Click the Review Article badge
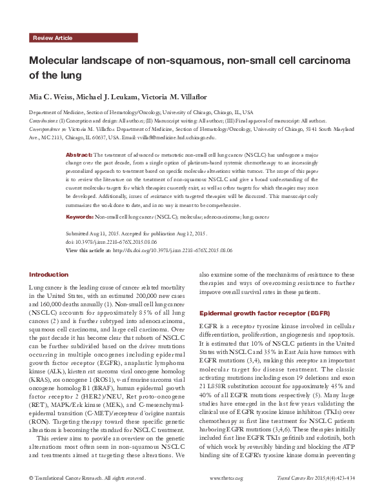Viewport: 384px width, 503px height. [52, 39]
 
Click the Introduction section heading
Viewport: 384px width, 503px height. [48, 274]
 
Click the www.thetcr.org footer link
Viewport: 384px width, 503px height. [227, 496]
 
